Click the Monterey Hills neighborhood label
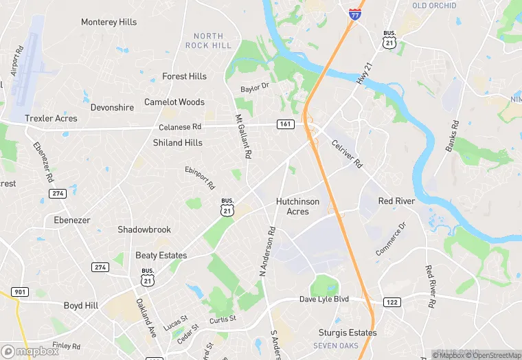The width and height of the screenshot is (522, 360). coord(109,22)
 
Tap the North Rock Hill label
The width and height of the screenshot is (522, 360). coord(208,41)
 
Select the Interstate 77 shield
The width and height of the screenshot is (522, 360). coord(354,14)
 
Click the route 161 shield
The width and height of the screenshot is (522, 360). coord(286,124)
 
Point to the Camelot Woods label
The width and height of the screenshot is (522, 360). coord(174,102)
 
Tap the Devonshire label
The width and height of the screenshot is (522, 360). coord(112,108)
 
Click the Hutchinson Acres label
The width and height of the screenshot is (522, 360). coord(297,206)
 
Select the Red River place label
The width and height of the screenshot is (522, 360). coord(396,201)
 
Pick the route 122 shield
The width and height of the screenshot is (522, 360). coord(391,302)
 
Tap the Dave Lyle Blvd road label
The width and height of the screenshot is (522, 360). coord(324,300)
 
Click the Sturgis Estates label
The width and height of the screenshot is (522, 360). coord(348,333)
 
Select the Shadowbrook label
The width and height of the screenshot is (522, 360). coord(144,229)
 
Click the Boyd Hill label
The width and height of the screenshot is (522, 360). coord(82,306)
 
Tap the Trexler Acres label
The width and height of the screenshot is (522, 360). coord(51,118)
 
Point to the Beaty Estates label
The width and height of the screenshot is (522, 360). coord(161,256)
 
